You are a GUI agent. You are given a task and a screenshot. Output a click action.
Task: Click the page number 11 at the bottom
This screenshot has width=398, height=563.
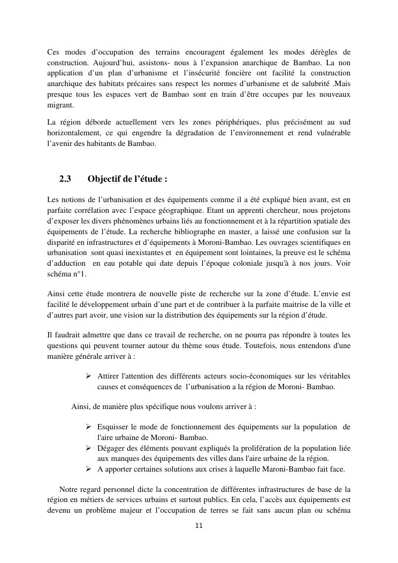(199, 526)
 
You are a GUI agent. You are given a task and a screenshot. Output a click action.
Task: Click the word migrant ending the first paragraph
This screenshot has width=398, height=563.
(59, 105)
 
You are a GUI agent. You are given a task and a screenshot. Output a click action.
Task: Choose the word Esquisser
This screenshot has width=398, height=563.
(114, 427)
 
